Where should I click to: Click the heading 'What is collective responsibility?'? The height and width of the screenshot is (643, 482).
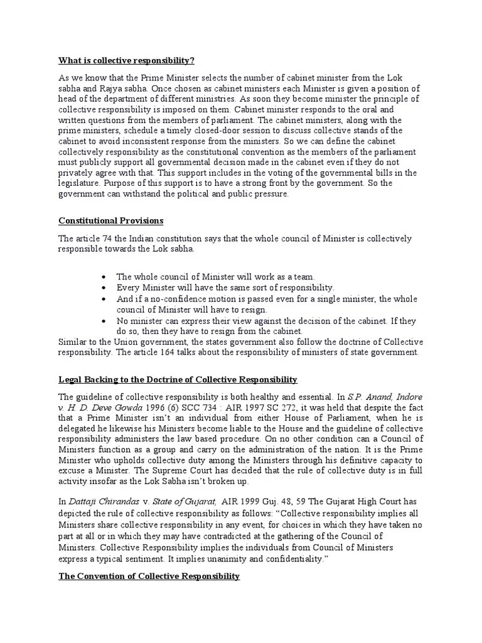(x=126, y=61)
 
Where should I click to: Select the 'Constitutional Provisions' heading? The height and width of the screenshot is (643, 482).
(x=111, y=221)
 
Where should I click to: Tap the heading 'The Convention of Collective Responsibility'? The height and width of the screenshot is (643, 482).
(x=149, y=576)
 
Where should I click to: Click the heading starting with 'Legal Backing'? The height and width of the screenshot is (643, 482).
(x=178, y=380)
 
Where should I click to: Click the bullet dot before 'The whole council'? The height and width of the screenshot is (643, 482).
(x=104, y=277)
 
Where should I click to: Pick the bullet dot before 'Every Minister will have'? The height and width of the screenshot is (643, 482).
(x=104, y=288)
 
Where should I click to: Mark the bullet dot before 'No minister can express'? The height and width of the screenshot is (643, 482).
(x=104, y=321)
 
